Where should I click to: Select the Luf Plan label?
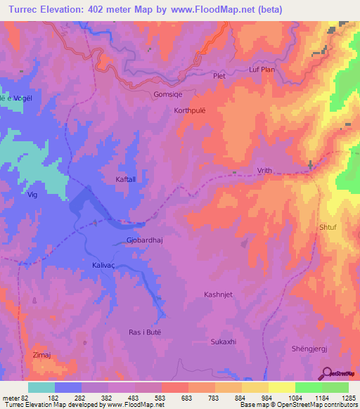tap(263, 70)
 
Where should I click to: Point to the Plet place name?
tap(220, 74)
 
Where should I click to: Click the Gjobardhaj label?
tap(145, 240)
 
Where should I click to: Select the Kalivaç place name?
tap(108, 266)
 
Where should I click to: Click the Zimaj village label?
tap(42, 356)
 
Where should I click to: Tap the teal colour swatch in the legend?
tap(41, 387)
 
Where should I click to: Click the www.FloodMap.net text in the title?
tap(207, 10)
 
